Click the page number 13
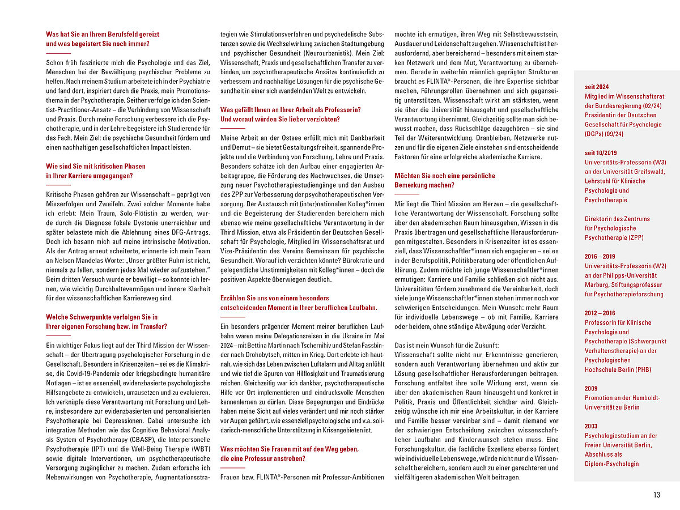coord(657,495)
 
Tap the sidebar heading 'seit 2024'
coord(597,87)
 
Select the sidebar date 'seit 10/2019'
coord(601,153)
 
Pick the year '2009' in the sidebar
coord(591,389)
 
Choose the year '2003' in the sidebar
coord(591,426)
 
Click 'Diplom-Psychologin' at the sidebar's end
coord(611,464)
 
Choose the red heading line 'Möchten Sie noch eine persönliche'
coord(445,176)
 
